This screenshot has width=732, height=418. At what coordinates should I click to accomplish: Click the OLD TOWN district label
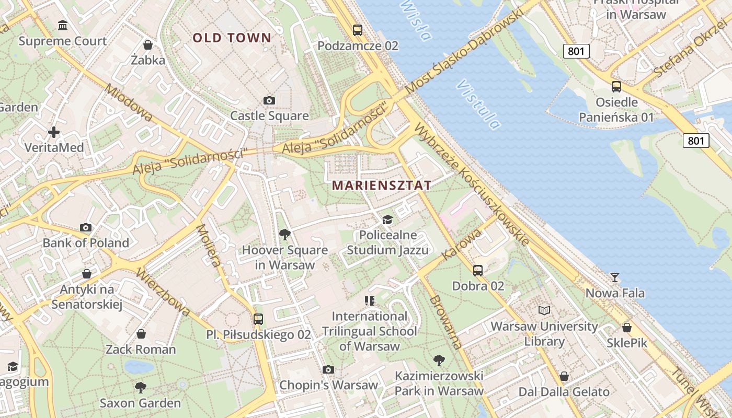coord(232,38)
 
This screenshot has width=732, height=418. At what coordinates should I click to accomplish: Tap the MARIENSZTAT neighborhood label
coord(382,185)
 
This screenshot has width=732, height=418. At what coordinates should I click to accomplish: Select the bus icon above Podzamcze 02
coord(358,30)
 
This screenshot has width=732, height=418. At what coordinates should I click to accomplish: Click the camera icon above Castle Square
coord(269,100)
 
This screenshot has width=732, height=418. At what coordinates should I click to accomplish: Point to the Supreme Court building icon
coord(63,25)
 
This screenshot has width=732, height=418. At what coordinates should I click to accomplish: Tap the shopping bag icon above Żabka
coord(148,45)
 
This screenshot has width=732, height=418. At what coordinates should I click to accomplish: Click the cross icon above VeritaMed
coord(54,132)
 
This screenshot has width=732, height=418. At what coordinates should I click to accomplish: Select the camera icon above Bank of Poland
coord(86,227)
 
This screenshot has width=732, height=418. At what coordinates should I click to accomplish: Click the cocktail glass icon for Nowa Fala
coord(615,277)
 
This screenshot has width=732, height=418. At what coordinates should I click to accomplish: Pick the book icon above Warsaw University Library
coord(544,310)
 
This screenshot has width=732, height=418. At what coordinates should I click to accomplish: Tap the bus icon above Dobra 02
coord(478,270)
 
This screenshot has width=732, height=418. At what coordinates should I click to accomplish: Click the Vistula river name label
coord(478,104)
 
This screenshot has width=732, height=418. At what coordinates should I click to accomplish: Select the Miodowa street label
coord(128,102)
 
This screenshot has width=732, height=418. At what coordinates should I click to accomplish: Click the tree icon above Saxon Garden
coord(140,387)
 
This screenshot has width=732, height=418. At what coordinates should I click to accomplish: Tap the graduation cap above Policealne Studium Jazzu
coord(387,219)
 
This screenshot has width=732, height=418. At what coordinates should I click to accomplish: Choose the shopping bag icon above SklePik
coord(626,328)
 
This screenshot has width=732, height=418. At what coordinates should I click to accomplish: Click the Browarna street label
coord(446,322)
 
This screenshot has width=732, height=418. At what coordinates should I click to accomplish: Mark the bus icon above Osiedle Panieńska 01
coord(616,87)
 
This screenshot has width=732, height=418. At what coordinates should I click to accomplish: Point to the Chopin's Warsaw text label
coord(328,386)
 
